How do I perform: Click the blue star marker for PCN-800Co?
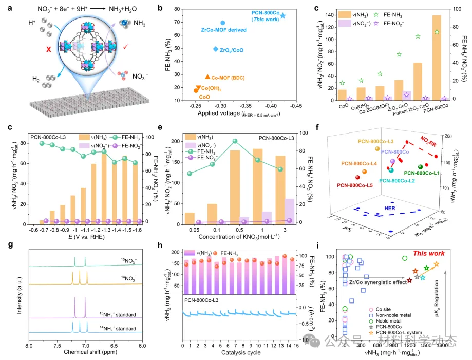tap(283, 16)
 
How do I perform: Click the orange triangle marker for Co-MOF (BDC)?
tap(207, 77)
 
